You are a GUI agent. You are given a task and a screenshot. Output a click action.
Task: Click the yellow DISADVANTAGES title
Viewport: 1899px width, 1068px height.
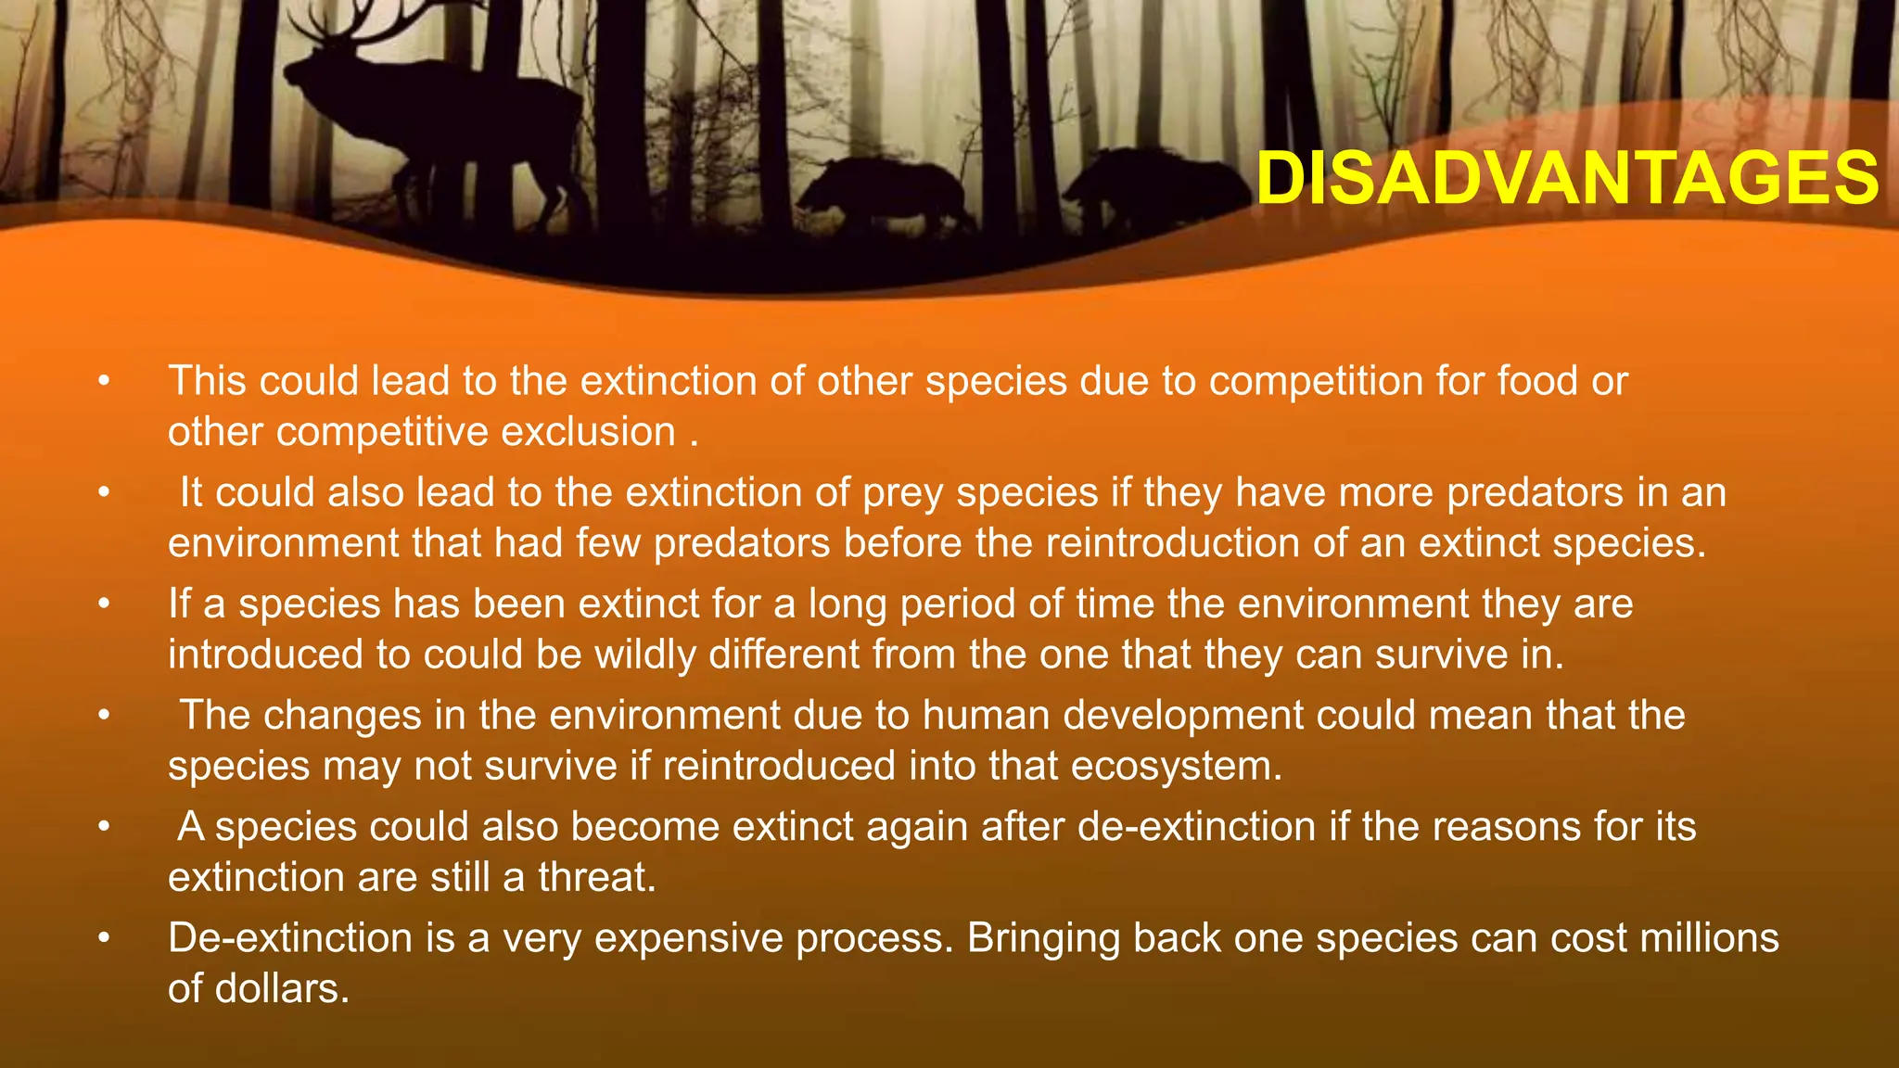click(x=1567, y=178)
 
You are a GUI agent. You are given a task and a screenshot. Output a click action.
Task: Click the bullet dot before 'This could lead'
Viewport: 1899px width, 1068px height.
click(x=105, y=382)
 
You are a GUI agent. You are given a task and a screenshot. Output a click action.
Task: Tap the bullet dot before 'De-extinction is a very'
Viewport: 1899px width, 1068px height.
click(x=105, y=938)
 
